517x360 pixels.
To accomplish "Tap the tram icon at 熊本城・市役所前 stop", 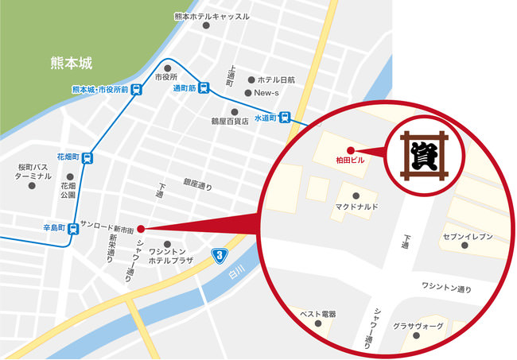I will pos(137,90).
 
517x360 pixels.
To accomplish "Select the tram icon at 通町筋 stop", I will pos(205,89).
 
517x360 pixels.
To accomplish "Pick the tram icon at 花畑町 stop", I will pos(87,157).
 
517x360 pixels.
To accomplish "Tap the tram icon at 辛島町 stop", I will pos(73,229).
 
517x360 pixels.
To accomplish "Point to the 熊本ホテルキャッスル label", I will pos(212,16).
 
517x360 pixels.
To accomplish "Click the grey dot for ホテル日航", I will pos(251,80).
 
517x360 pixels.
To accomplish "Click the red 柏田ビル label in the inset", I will pos(349,160).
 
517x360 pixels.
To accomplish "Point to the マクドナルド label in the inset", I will pos(356,207).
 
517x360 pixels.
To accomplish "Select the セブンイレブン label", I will pos(468,237).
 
